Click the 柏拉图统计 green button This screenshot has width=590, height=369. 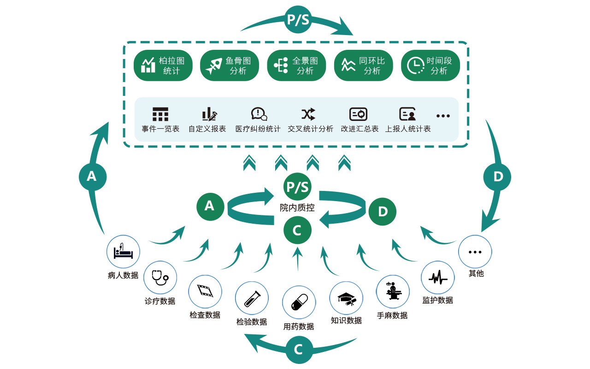coord(163,65)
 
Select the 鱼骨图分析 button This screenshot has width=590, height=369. coord(230,65)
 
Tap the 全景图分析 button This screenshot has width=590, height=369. coord(296,65)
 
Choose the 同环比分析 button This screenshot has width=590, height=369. coord(363,65)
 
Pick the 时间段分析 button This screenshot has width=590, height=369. coord(431,65)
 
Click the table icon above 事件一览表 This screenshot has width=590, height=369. coord(160,114)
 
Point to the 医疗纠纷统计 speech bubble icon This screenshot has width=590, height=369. coord(259,114)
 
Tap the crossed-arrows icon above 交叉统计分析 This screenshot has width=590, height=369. coord(308,114)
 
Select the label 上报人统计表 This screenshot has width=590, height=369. coord(408,129)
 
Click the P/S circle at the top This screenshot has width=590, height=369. coord(298,20)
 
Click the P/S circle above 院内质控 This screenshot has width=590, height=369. coord(297,187)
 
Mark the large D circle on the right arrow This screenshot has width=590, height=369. coord(497,177)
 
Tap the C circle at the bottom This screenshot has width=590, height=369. coord(298,350)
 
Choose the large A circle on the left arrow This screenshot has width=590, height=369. coord(92,176)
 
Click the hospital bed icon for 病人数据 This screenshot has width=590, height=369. coord(123,252)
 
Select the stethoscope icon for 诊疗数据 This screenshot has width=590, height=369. coord(160,278)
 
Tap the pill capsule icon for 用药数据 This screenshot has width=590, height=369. coord(299,303)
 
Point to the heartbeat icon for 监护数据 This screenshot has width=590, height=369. coord(437,278)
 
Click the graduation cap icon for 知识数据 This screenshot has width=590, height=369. coord(346,298)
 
